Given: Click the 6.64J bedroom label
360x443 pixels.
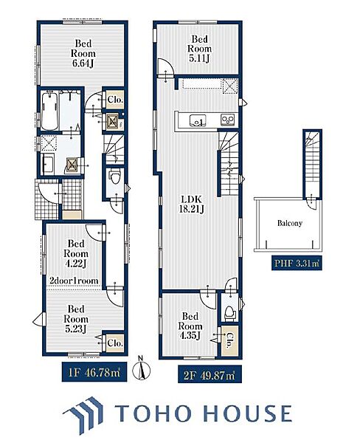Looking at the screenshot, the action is click(83, 53).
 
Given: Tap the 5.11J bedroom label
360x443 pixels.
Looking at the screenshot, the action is click(200, 49).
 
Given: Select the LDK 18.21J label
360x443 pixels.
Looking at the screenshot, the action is click(192, 204).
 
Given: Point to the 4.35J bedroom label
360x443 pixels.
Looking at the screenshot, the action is click(190, 326).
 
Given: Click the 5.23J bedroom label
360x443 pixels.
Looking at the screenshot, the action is click(76, 319).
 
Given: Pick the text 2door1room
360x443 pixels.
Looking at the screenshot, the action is click(74, 281).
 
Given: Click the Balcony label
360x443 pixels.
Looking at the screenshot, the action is click(290, 223).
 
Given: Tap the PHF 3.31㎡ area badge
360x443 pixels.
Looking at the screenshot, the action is click(297, 264).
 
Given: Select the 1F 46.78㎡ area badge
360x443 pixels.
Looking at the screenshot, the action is click(94, 373).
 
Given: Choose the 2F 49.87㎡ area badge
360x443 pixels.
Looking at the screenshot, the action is click(210, 376).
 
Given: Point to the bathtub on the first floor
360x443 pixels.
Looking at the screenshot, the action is click(50, 111).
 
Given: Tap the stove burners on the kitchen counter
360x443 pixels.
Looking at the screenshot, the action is click(227, 120).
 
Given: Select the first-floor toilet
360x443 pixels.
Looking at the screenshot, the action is click(115, 177).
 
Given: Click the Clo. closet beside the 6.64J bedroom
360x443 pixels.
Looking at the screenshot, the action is click(116, 100).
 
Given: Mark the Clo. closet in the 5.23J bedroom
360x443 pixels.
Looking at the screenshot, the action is click(115, 343).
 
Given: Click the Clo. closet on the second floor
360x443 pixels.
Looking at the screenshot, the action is click(229, 340).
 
